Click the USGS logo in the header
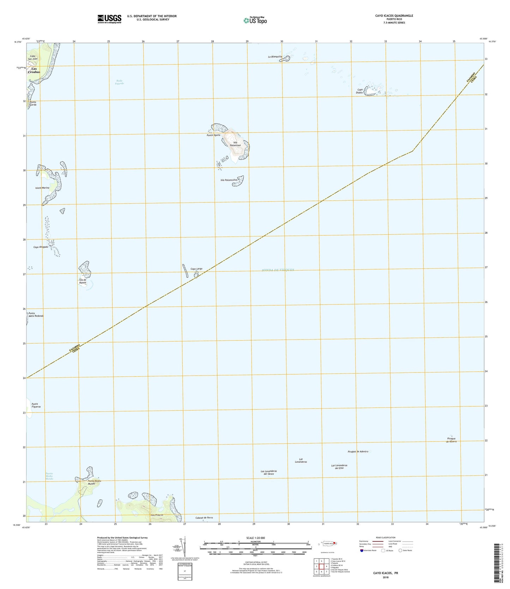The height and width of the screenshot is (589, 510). click(x=109, y=18)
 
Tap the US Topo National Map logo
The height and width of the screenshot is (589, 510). click(x=255, y=20)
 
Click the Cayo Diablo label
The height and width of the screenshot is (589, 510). click(x=360, y=91)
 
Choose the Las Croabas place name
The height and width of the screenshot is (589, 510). click(x=35, y=70)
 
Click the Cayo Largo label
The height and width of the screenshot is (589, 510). click(x=197, y=269)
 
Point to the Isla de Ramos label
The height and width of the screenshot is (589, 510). click(x=83, y=281)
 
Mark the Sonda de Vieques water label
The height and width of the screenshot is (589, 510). click(x=278, y=270)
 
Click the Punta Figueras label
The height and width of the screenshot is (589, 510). click(x=36, y=405)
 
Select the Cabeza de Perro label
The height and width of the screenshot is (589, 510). click(x=204, y=518)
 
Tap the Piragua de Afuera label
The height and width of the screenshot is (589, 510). click(x=451, y=440)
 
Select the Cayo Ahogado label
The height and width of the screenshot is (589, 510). click(x=41, y=247)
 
